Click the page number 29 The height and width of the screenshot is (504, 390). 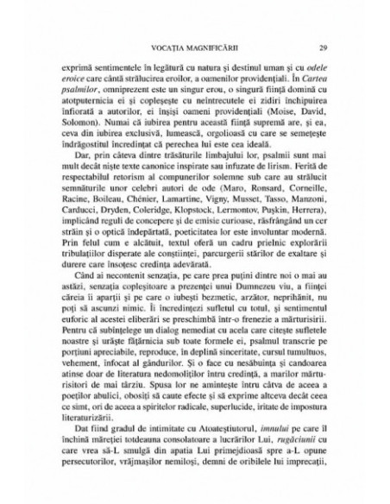coord(323,47)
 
